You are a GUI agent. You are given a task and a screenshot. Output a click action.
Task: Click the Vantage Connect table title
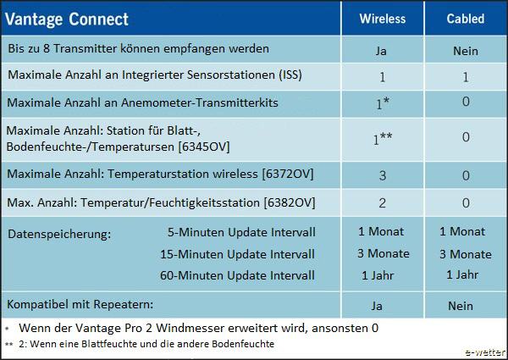pyautogui.click(x=67, y=19)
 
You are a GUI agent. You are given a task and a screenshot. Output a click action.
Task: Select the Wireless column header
pyautogui.click(x=383, y=19)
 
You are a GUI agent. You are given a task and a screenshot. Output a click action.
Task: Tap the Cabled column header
pyautogui.click(x=466, y=19)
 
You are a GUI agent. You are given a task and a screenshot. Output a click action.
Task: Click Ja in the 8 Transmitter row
pyautogui.click(x=381, y=51)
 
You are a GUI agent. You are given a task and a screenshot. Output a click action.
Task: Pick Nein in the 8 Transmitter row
pyautogui.click(x=466, y=51)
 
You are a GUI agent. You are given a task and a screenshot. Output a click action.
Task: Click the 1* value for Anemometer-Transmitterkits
pyautogui.click(x=383, y=103)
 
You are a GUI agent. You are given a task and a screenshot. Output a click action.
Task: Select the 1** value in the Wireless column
pyautogui.click(x=383, y=139)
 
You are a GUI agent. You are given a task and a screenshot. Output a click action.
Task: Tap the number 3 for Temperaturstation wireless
pyautogui.click(x=383, y=175)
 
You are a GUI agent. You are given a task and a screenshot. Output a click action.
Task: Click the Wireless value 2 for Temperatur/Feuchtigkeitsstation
pyautogui.click(x=383, y=203)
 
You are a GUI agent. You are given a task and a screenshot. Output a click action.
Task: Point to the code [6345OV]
pyautogui.click(x=204, y=147)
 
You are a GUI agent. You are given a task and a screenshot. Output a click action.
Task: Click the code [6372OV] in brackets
pyautogui.click(x=288, y=174)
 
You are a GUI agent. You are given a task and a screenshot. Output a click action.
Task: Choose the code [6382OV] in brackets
pyautogui.click(x=290, y=202)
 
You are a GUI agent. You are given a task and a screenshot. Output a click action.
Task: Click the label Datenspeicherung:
pyautogui.click(x=59, y=234)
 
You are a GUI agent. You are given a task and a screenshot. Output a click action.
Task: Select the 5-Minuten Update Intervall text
pyautogui.click(x=241, y=232)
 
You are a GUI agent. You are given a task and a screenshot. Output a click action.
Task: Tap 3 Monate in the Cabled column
pyautogui.click(x=466, y=254)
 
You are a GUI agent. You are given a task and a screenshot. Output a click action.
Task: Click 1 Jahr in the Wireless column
pyautogui.click(x=378, y=275)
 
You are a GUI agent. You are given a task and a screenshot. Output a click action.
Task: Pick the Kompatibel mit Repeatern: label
pyautogui.click(x=80, y=305)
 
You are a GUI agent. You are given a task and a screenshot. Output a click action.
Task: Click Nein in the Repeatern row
pyautogui.click(x=461, y=306)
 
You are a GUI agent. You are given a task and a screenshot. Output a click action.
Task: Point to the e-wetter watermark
pyautogui.click(x=485, y=352)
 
